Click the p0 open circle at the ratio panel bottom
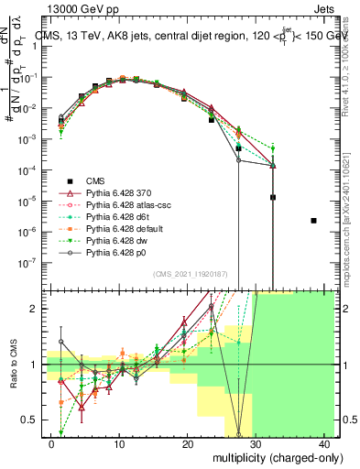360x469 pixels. (238, 435)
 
